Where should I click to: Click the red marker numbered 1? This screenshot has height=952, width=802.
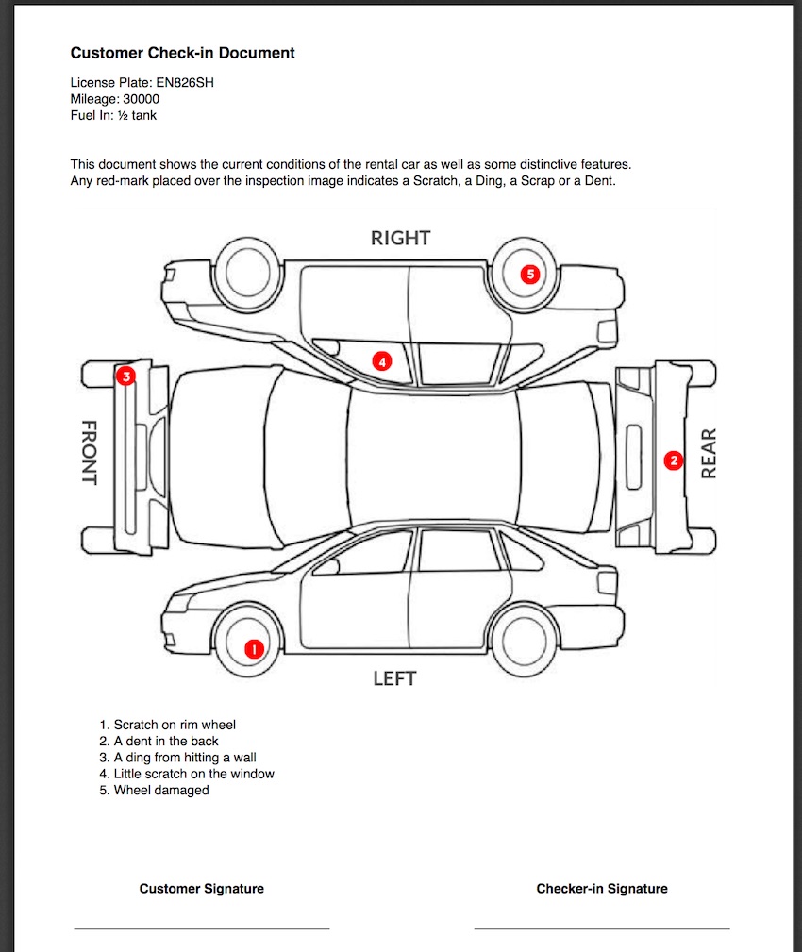click(253, 648)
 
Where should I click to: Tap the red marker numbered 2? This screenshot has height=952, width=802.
click(673, 460)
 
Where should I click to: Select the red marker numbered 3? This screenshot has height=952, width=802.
click(126, 376)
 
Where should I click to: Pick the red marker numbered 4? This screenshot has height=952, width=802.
click(381, 360)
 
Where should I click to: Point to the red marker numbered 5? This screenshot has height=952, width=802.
click(530, 275)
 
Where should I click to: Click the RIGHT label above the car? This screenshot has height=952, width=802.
click(400, 238)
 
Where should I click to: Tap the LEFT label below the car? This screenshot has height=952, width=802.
click(394, 678)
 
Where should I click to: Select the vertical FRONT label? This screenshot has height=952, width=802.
click(89, 452)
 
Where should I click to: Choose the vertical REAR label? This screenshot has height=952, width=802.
click(710, 453)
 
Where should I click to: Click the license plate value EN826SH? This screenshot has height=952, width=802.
click(185, 82)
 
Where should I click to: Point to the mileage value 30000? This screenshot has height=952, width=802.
click(141, 99)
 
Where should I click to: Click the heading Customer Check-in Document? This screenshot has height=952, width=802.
click(182, 53)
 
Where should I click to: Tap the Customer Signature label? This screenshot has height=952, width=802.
click(201, 889)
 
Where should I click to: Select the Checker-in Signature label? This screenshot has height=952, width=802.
click(601, 889)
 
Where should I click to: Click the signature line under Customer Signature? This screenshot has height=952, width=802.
click(201, 928)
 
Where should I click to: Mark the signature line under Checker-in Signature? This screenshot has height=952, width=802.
click(601, 928)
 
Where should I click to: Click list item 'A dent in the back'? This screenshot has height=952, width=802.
click(166, 742)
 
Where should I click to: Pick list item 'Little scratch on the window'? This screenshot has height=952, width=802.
click(193, 774)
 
